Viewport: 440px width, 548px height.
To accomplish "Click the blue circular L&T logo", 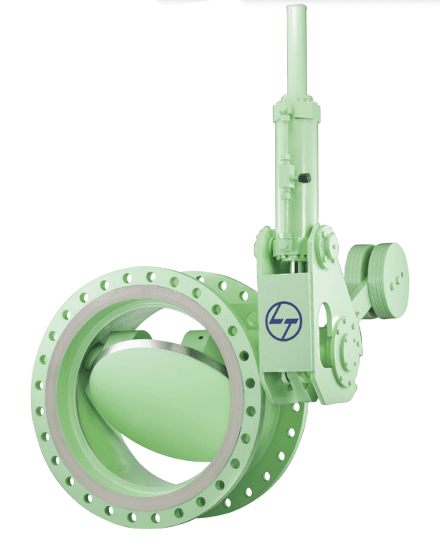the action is (284, 321).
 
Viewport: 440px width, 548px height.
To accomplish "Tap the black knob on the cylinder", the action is (305, 178).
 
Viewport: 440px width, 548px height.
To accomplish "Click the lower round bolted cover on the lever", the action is (347, 352).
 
